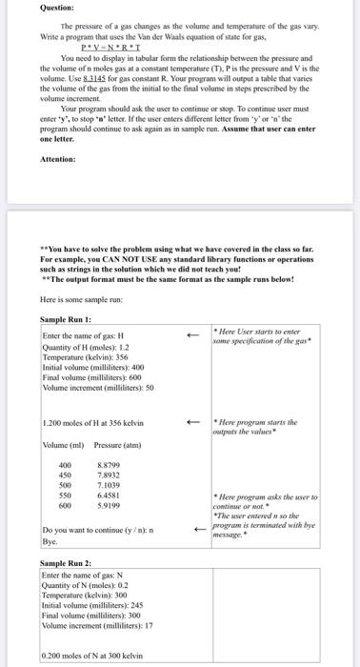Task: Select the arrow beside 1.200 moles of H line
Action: (x=192, y=422)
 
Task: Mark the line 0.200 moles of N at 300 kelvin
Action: (x=90, y=657)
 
